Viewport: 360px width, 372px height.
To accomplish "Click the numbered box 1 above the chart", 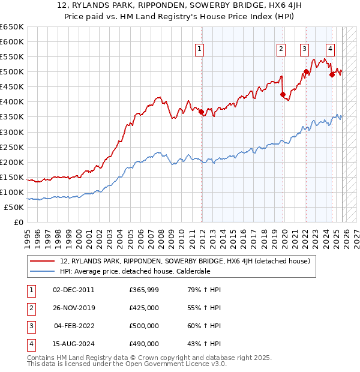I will click(x=199, y=50).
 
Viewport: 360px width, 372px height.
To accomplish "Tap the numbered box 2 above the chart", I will click(x=281, y=50).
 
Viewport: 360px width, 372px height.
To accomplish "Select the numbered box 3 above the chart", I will click(x=305, y=50).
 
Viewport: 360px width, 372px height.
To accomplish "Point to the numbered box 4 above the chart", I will click(x=331, y=50).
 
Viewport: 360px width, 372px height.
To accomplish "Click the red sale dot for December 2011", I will click(x=201, y=112).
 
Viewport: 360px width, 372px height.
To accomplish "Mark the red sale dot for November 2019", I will click(x=283, y=94).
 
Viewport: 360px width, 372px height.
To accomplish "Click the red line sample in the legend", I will click(x=41, y=261).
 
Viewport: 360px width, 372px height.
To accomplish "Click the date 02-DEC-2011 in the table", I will click(x=74, y=290).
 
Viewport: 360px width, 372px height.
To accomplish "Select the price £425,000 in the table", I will click(x=144, y=308).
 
